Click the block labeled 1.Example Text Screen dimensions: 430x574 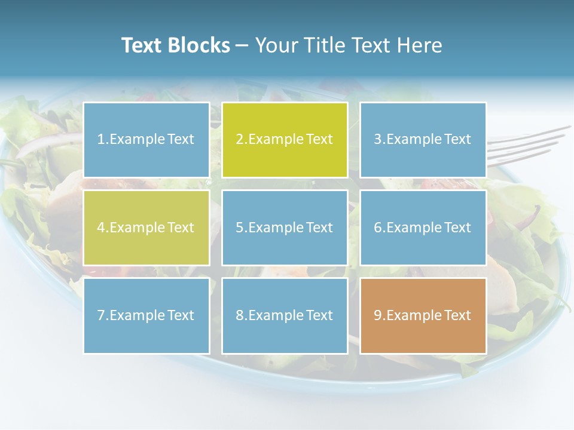[x=146, y=140]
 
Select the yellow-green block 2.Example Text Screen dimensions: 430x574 [x=285, y=140]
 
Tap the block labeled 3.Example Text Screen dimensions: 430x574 [x=423, y=140]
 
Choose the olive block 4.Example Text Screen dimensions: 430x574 [x=146, y=228]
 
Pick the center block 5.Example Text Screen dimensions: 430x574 [x=285, y=228]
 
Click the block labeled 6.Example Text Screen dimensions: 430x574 [x=423, y=228]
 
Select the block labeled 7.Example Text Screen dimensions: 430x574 [x=146, y=315]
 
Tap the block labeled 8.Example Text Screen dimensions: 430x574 [x=285, y=315]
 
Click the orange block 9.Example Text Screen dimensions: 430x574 [x=423, y=315]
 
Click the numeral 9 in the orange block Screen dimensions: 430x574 [x=377, y=315]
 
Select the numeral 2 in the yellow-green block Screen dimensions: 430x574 [x=239, y=140]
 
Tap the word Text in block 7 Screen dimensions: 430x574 [x=181, y=315]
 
